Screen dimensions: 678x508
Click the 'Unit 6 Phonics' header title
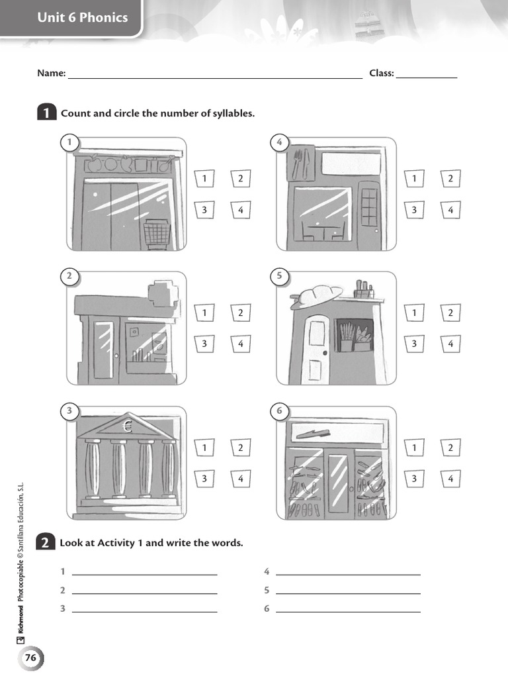[83, 18]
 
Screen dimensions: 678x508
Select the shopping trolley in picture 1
[157, 234]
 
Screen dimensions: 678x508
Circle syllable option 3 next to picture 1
[205, 211]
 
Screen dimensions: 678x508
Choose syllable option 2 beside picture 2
[241, 313]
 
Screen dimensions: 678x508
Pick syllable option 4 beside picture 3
[241, 478]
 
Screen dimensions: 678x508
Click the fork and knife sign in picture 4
[302, 163]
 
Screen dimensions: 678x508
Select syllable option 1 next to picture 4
[415, 178]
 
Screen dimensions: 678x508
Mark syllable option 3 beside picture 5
[415, 344]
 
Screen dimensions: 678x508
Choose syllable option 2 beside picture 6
[450, 448]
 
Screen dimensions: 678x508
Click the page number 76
[30, 658]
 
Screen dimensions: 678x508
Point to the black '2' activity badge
[45, 543]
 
